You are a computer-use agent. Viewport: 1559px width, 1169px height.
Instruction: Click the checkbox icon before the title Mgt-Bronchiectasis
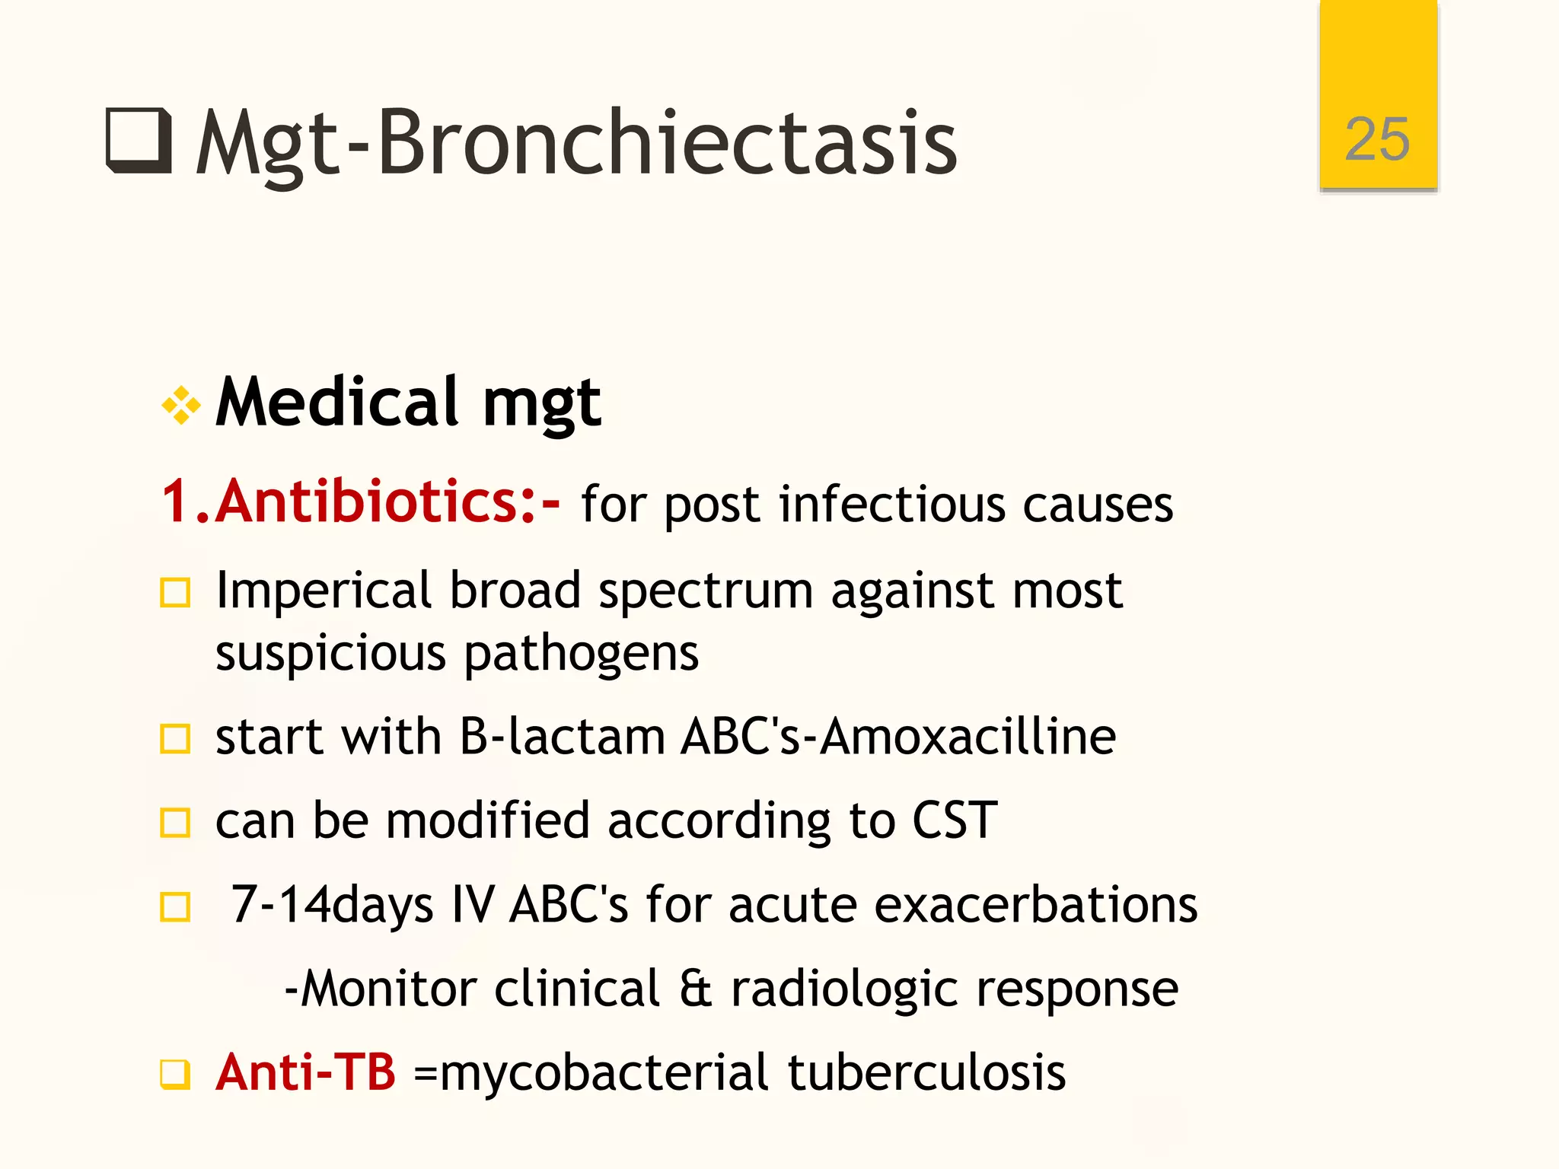coord(139,141)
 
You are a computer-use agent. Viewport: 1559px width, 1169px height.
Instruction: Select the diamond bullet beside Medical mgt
coord(181,405)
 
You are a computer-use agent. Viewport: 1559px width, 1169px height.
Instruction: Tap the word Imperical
coord(324,591)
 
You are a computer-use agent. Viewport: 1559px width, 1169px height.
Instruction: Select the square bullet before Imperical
coord(175,593)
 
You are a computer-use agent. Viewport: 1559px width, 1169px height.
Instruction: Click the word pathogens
coord(581,654)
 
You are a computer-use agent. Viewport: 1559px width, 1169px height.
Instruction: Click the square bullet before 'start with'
coord(175,738)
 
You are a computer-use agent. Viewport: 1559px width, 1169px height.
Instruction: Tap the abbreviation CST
coord(955,820)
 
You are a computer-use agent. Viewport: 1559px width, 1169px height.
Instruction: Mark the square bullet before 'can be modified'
coord(175,823)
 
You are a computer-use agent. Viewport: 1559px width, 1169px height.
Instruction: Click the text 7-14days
coord(332,905)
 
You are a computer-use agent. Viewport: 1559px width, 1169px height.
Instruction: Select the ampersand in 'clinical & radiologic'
coord(695,989)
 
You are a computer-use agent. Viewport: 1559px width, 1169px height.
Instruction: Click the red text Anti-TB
coord(305,1072)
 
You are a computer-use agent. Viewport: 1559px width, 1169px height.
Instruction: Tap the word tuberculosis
coord(926,1072)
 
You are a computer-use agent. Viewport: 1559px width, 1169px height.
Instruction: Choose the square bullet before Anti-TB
coord(175,1075)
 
